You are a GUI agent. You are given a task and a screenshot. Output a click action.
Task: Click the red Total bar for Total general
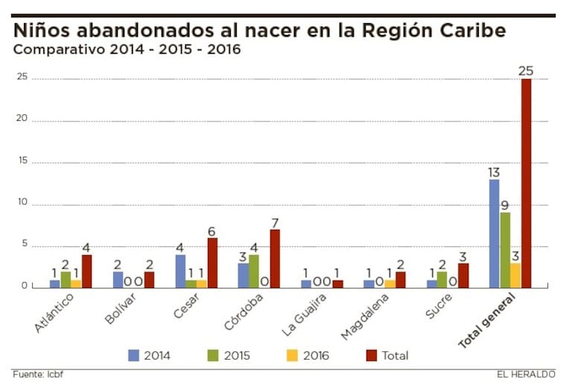point(526,183)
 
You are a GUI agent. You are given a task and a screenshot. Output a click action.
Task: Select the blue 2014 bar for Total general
point(494,234)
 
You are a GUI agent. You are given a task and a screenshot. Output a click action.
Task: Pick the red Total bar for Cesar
point(212,263)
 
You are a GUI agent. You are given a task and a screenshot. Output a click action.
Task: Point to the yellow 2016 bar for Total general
point(515,275)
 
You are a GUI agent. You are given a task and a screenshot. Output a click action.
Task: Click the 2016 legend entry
point(308,355)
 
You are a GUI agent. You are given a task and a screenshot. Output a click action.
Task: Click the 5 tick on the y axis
point(25,245)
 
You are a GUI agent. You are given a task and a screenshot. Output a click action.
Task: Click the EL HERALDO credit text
point(526,374)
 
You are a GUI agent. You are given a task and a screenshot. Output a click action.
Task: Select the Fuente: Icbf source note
point(38,374)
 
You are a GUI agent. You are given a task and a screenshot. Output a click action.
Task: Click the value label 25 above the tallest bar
point(526,71)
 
